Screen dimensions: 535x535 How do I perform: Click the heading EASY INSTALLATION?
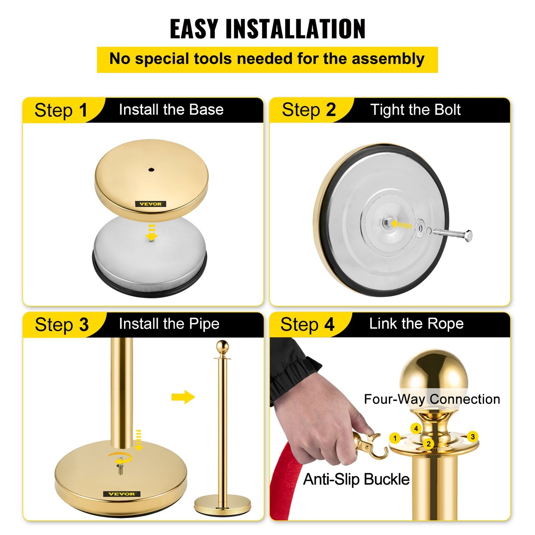coord(267,29)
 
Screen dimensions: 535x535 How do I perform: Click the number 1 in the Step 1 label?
coord(83,110)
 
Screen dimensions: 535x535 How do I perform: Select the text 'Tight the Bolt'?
coord(415,110)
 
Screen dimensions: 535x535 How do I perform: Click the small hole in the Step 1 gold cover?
coord(151,170)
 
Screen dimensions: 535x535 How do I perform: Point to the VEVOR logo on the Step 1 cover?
coord(151,204)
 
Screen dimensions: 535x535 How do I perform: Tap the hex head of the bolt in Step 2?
coord(468,235)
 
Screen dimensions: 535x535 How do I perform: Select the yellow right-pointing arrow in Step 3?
coord(183,397)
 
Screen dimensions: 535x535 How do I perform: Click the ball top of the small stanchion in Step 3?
coord(222,347)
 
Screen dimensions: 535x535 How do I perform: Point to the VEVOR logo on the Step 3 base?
coord(121,494)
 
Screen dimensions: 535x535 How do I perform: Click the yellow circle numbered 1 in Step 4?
coord(395,438)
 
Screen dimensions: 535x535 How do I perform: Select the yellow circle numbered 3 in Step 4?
coord(472,437)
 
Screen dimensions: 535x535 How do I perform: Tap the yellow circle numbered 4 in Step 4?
coord(416,428)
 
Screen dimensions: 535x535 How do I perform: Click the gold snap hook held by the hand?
coord(370,446)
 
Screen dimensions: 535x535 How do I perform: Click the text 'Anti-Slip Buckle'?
coord(356,479)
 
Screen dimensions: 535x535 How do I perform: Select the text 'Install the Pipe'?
coord(169,324)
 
